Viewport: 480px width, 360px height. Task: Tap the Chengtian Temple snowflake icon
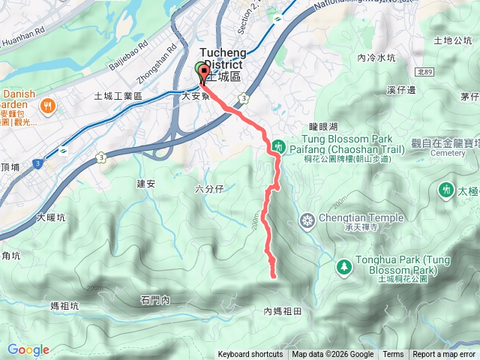[307, 221]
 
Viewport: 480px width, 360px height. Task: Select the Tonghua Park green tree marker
[344, 266]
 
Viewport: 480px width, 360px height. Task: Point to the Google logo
[28, 349]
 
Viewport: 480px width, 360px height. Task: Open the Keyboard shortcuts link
[250, 355]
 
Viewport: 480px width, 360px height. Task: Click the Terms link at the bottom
[393, 355]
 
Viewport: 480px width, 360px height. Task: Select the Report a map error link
[444, 355]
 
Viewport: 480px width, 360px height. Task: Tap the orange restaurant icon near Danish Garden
[49, 106]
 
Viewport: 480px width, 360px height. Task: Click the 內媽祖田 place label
[282, 310]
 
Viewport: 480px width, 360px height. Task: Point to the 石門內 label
[155, 300]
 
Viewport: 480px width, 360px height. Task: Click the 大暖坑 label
[50, 218]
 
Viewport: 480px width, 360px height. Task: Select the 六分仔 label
[209, 188]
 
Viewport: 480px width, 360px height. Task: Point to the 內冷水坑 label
[376, 58]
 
